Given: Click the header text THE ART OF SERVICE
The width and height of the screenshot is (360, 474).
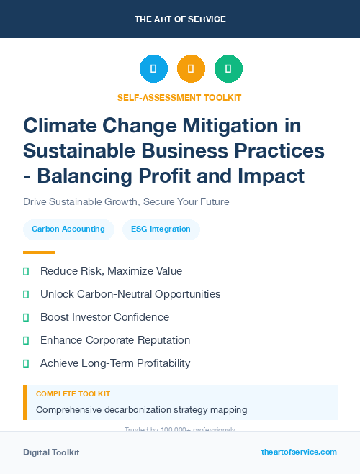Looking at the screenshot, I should (x=180, y=19).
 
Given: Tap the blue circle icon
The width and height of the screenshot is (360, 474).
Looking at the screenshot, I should (x=153, y=69).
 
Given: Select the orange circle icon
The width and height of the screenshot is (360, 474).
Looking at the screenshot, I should (x=191, y=69).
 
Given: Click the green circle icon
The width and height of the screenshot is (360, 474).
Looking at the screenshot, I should (x=228, y=69).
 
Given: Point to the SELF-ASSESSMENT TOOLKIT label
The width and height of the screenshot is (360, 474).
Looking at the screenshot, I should (x=179, y=97).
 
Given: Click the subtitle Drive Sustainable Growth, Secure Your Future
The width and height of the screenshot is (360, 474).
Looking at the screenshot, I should (x=126, y=201).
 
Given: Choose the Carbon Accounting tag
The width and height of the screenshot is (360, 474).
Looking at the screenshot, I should (x=68, y=229).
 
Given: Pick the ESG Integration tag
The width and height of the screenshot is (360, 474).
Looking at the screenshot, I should (x=161, y=229).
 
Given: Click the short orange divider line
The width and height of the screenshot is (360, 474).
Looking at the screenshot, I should (x=39, y=252).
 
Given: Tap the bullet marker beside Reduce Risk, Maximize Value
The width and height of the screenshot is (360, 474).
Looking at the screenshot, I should (x=26, y=271).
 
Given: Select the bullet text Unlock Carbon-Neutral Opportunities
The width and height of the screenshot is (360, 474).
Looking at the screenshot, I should (x=130, y=294).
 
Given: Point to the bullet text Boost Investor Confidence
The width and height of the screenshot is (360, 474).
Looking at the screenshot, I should (x=104, y=317).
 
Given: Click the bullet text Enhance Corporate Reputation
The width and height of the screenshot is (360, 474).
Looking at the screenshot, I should (x=115, y=340).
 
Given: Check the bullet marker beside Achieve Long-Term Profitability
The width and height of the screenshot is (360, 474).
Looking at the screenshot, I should (x=26, y=363).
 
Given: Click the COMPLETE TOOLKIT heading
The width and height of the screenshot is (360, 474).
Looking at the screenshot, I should (x=73, y=394).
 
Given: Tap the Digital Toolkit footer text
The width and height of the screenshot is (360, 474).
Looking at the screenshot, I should (x=51, y=452).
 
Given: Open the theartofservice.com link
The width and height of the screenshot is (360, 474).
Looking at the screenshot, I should (x=299, y=452).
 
